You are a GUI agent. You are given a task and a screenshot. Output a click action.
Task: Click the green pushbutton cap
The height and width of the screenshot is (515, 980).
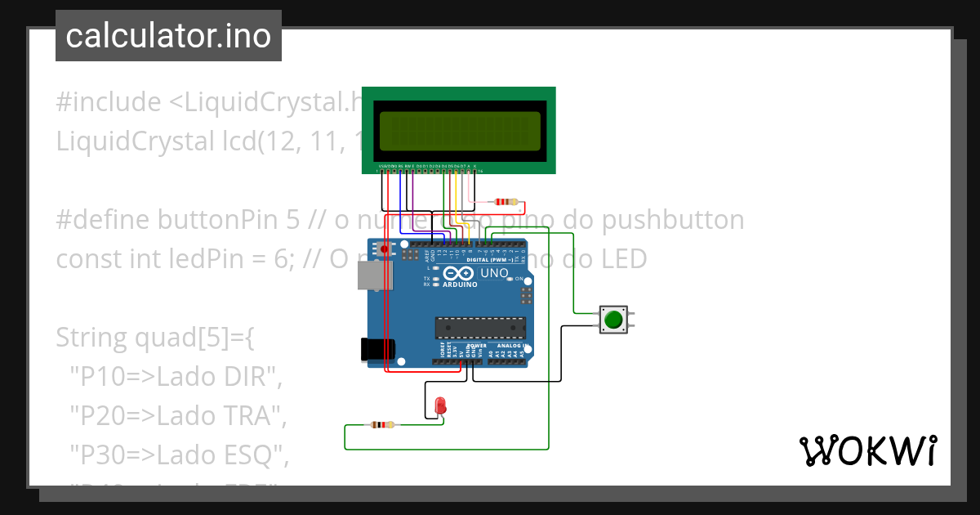(x=613, y=319)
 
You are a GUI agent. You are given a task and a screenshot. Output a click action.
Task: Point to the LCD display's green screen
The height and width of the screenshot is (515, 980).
(x=459, y=130)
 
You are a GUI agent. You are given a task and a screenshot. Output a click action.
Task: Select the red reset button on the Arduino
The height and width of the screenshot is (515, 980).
(x=385, y=249)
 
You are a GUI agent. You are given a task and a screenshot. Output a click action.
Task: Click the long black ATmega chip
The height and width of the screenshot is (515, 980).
(x=480, y=328)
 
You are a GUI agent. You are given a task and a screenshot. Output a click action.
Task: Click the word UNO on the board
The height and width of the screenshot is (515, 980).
(x=494, y=273)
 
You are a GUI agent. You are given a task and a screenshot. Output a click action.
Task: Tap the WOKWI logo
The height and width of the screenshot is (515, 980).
(x=867, y=450)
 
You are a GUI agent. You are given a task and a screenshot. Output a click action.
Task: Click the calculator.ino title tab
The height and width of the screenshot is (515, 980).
(x=168, y=36)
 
